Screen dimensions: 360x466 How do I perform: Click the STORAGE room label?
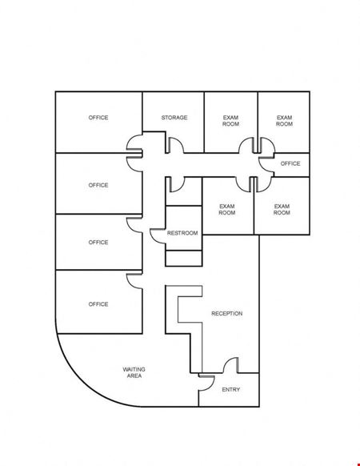pos(174,118)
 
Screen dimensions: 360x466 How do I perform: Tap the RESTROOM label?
pos(182,233)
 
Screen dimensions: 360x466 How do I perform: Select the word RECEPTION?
pos(227,314)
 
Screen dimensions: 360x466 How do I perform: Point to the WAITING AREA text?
pos(134,372)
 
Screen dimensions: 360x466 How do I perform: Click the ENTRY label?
pos(230,390)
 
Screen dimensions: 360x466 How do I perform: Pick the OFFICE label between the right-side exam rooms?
pos(290,164)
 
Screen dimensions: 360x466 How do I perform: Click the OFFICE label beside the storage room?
pos(98,118)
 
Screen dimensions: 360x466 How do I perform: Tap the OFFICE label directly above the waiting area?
pos(98,304)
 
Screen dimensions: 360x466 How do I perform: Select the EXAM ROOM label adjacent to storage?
pos(230,121)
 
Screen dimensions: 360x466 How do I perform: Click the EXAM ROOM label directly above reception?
pos(227,210)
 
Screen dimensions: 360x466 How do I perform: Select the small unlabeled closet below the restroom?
pos(184,259)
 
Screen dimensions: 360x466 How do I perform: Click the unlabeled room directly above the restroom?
pos(184,191)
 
